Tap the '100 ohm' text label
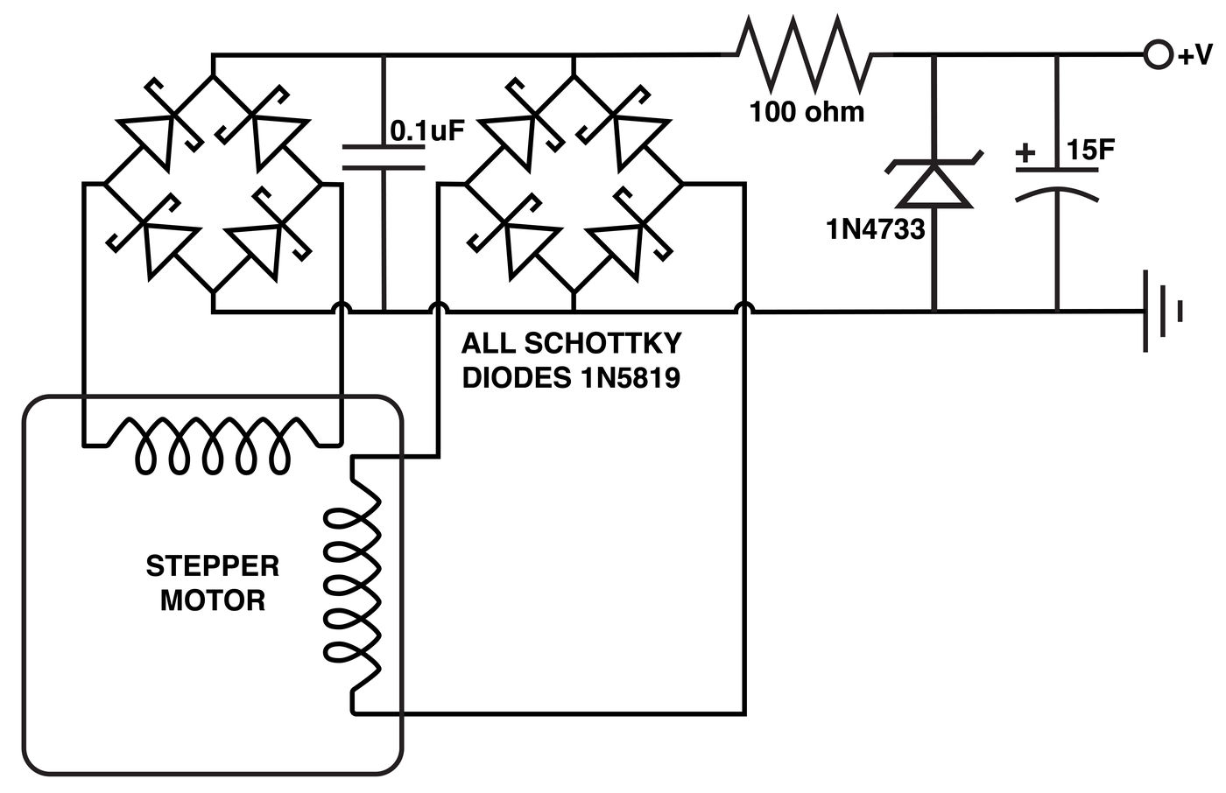click(x=807, y=112)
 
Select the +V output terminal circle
click(x=1157, y=55)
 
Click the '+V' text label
click(x=1194, y=56)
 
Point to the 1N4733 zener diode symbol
click(x=934, y=183)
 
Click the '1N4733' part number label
click(x=875, y=229)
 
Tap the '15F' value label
click(x=1090, y=151)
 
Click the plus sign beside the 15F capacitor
click(x=1025, y=154)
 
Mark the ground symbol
click(x=1161, y=312)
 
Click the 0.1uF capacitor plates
click(x=384, y=157)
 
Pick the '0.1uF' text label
click(x=426, y=131)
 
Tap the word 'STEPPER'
click(x=212, y=566)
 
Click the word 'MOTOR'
click(x=212, y=601)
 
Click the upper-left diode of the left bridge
click(x=159, y=131)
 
